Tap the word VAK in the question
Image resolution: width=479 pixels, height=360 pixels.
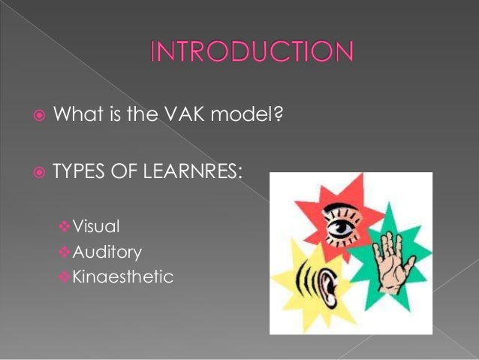[x=179, y=116]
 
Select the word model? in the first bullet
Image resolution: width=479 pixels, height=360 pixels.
[x=238, y=116]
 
